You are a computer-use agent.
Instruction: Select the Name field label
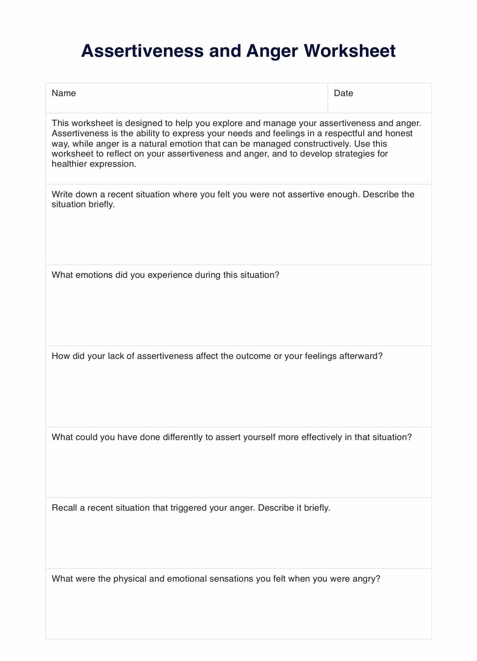(64, 93)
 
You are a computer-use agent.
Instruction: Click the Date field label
(343, 93)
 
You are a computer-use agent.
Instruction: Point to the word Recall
(64, 508)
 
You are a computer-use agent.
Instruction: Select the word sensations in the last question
(231, 579)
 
